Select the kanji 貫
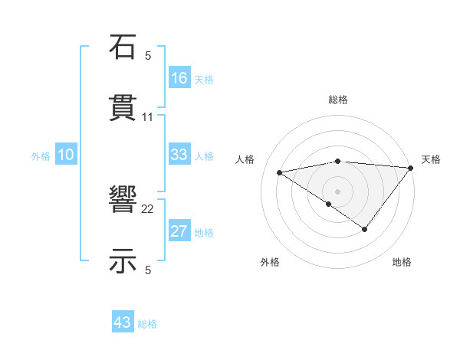[x=123, y=108]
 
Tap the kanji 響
[x=123, y=201]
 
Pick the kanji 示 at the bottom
[x=123, y=261]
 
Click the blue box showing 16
[x=179, y=78]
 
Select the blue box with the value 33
[x=179, y=155]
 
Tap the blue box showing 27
[x=179, y=231]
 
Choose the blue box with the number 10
[x=66, y=155]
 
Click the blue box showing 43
[x=123, y=322]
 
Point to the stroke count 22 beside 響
[x=148, y=208]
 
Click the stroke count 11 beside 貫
[x=148, y=116]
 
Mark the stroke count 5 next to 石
[x=148, y=55]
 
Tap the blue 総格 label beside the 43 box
[x=147, y=324]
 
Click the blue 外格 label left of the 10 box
[x=41, y=156]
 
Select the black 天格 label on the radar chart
[x=431, y=159]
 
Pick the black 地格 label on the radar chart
[x=402, y=262]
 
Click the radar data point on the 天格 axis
[x=410, y=167]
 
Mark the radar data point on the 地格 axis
[x=365, y=229]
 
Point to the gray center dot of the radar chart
[x=337, y=191]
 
